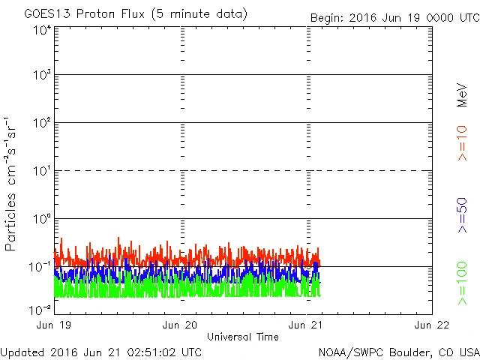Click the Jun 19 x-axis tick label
click(x=54, y=325)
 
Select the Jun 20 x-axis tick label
click(x=180, y=325)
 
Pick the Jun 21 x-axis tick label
click(x=306, y=325)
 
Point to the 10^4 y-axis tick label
click(x=42, y=29)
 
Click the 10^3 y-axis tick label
click(x=42, y=76)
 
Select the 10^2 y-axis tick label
click(x=42, y=123)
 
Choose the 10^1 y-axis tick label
click(x=42, y=171)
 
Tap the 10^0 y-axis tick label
click(x=42, y=219)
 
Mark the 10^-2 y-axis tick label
click(x=40, y=309)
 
